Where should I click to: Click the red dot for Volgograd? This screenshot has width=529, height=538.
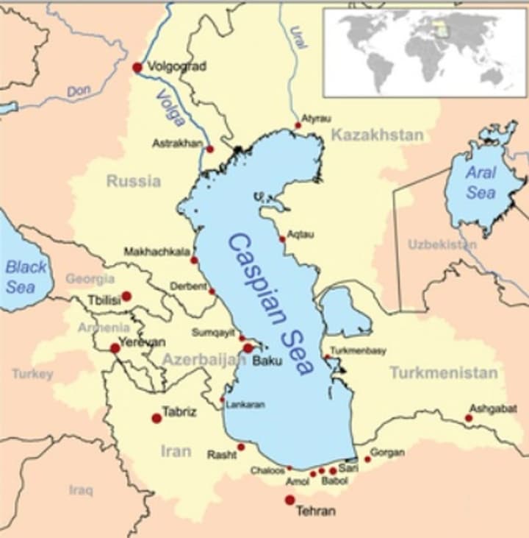point(137,68)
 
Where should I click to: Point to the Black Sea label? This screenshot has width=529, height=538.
point(26,277)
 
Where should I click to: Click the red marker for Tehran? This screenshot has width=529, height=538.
point(289,500)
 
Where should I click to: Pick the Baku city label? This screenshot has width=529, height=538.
point(267,361)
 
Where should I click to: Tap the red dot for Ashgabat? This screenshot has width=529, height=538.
point(469,418)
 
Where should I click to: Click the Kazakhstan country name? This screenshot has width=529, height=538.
point(377,135)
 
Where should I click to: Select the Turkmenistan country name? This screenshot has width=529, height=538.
point(443,373)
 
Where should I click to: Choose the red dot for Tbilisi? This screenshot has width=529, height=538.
point(126,297)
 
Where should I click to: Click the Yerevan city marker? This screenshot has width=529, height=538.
point(115,348)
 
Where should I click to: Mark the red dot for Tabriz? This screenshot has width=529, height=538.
point(156,418)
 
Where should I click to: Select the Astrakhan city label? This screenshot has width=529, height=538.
point(176,144)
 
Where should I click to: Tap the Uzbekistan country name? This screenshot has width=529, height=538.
point(442,244)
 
